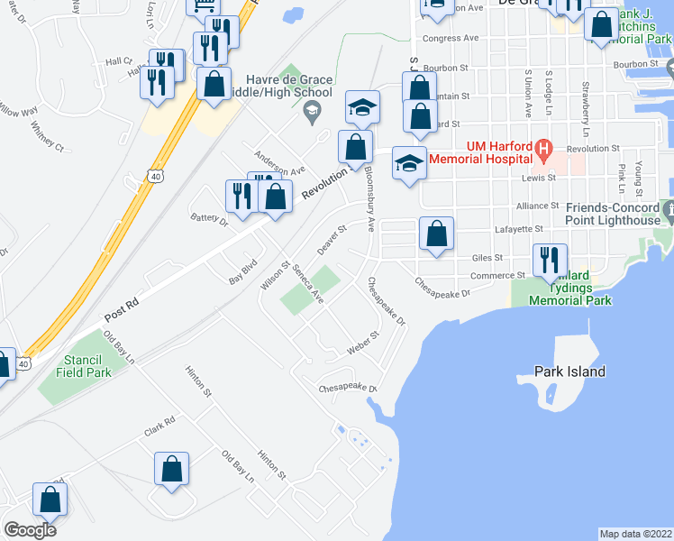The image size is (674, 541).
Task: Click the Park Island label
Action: (x=569, y=371)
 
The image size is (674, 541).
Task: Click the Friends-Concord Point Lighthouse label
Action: (x=614, y=214)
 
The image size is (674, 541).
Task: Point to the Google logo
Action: (x=30, y=530)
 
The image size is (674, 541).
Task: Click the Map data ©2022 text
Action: (x=635, y=533)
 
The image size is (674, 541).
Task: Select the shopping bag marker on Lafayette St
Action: (x=436, y=234)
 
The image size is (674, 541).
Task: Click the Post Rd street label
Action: (x=119, y=310)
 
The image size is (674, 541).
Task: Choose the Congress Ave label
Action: (x=450, y=39)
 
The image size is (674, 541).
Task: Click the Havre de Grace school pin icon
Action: (x=312, y=113)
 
